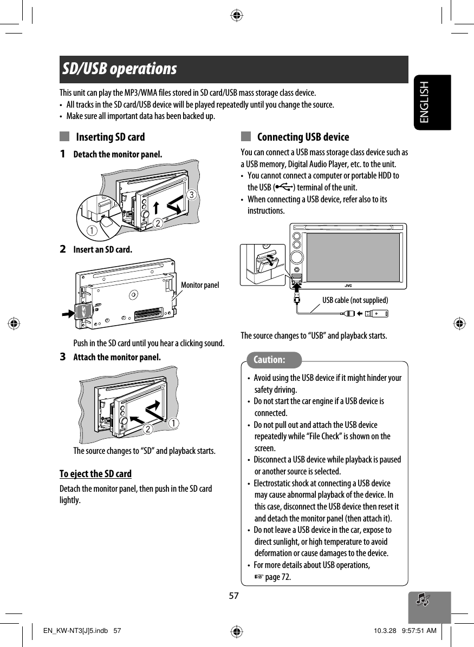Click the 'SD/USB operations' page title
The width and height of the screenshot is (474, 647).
[x=119, y=70]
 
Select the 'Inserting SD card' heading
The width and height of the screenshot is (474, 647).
[x=111, y=137]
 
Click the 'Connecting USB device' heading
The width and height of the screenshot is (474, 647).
[x=303, y=137]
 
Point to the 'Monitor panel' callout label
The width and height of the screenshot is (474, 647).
[x=200, y=285]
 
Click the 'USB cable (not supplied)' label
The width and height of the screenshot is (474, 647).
[x=355, y=300]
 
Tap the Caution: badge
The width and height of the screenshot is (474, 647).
[x=269, y=360]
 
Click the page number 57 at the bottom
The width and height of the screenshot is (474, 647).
[x=233, y=596]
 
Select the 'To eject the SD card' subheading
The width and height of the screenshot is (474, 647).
[x=95, y=474]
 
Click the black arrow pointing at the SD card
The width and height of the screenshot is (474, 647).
[x=70, y=313]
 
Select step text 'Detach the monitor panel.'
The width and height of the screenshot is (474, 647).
[x=118, y=155]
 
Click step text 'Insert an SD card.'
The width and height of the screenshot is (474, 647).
[x=102, y=250]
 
